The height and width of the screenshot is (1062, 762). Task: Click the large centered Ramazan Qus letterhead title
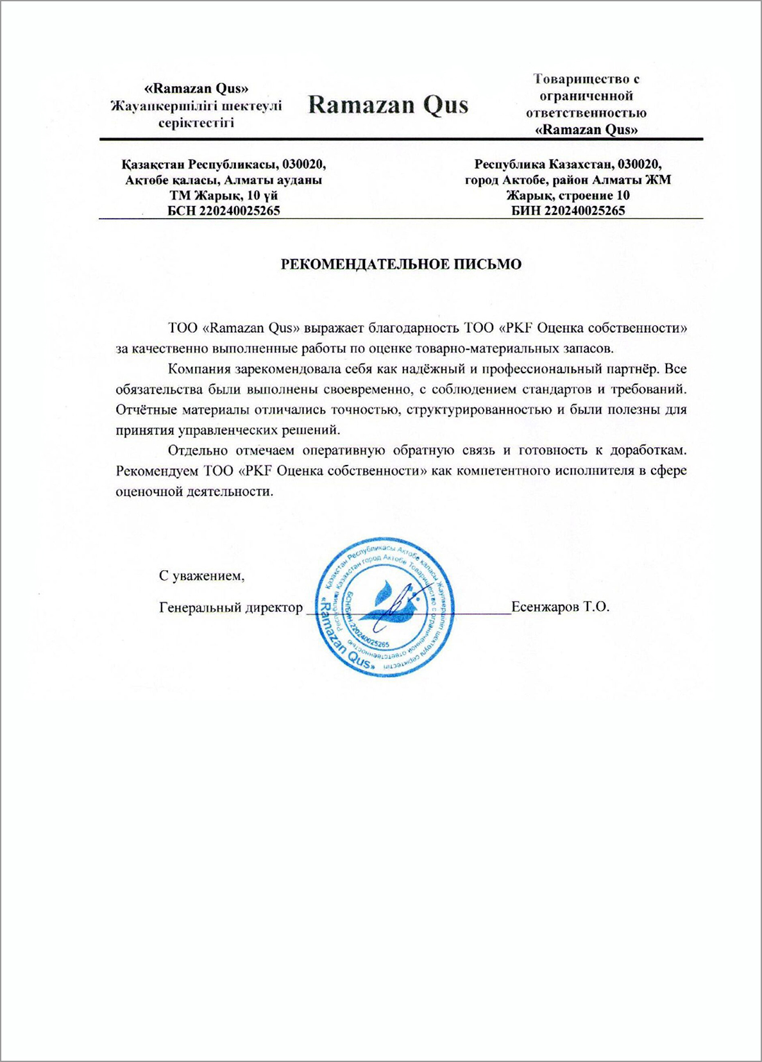[x=388, y=105]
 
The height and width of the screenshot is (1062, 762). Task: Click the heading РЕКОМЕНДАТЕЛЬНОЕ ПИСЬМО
[x=401, y=264]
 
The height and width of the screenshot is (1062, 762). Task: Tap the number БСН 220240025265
[x=223, y=210]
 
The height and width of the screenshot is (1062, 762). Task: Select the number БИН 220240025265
[x=568, y=210]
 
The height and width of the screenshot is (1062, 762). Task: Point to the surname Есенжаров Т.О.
[x=560, y=606]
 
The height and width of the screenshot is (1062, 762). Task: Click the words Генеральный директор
[x=230, y=607]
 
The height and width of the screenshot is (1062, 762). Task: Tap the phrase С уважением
[x=201, y=575]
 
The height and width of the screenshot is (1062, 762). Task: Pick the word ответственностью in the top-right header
[x=586, y=113]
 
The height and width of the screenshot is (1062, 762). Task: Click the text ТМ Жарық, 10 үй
[x=223, y=195]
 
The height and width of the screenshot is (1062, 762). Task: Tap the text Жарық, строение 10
[x=568, y=195]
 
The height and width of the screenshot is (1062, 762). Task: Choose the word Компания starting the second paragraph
[x=199, y=369]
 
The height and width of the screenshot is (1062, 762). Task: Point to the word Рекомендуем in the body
[x=157, y=471]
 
